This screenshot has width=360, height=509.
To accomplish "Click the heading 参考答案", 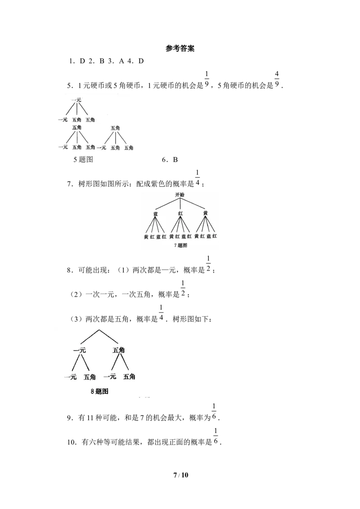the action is click(180, 49).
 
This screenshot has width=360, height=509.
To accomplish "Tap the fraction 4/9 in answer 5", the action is click(277, 80).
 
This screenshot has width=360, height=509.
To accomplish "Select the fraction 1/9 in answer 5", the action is click(207, 80).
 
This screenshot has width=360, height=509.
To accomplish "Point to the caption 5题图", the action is click(83, 159).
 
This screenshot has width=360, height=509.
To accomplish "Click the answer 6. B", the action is click(170, 160).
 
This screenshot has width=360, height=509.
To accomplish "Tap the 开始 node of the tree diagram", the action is click(180, 195).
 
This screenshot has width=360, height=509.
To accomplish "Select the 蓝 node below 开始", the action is click(156, 214).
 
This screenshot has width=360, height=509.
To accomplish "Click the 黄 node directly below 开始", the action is click(205, 213).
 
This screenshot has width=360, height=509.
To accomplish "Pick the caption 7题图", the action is click(180, 246).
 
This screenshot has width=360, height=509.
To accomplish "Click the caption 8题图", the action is click(99, 392).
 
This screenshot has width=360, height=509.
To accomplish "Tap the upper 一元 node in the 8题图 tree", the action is click(80, 350).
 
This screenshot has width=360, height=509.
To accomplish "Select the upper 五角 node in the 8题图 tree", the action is click(119, 350).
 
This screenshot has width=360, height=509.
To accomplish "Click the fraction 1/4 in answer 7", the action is click(197, 178).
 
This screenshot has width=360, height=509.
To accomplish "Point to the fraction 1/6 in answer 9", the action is click(214, 411).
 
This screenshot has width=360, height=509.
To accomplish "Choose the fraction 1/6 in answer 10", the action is click(216, 436).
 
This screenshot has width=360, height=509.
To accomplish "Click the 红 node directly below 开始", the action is click(180, 214).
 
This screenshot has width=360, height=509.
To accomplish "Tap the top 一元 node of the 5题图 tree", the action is click(76, 100).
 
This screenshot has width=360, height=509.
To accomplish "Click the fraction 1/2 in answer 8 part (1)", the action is click(208, 264).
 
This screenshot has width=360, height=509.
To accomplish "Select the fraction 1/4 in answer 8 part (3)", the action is click(161, 313).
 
